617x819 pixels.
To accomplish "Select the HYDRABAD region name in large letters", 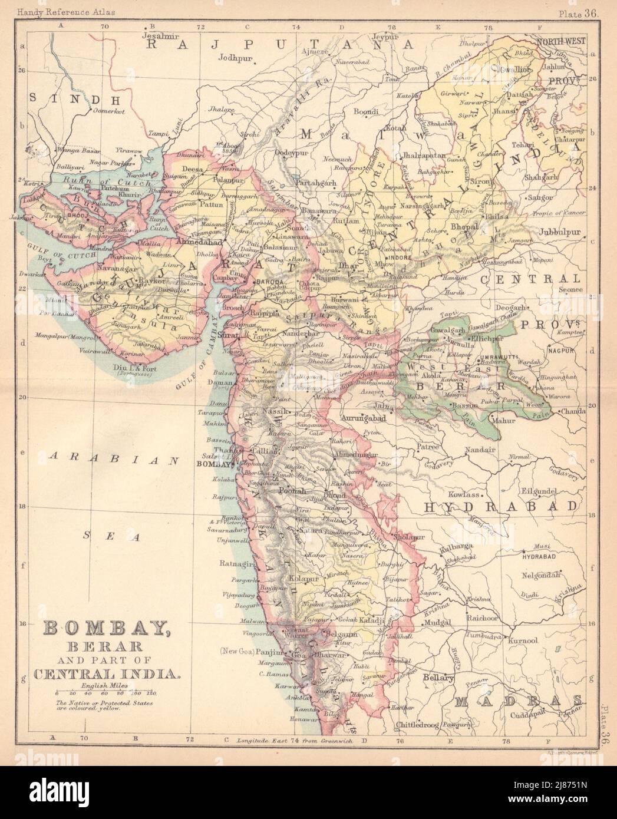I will [x=500, y=507].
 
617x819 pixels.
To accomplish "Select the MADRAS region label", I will [x=519, y=701].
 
